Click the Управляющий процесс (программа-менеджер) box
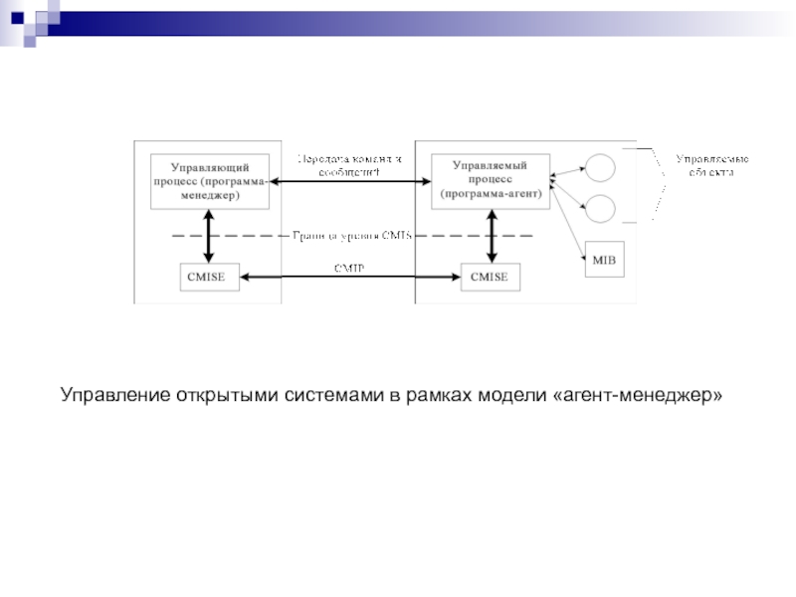point(210,181)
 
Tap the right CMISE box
point(489,278)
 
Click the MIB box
point(604,261)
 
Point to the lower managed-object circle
point(600,208)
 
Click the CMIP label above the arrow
point(348,268)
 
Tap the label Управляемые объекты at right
point(712,165)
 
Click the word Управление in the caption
point(114,397)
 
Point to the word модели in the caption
point(504,397)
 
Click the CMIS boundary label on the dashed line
point(351,237)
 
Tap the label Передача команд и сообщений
point(348,165)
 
